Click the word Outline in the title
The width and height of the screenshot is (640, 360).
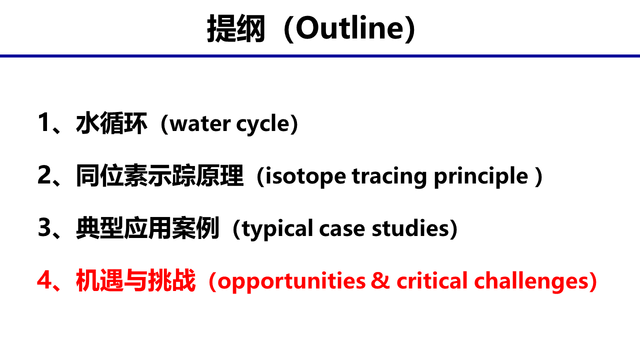(350, 27)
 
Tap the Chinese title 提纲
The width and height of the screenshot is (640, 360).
(236, 28)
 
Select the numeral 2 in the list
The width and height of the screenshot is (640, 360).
(44, 174)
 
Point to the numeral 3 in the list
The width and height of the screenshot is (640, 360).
(44, 227)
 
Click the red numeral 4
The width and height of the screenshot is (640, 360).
(44, 280)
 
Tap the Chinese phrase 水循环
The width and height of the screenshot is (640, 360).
(111, 123)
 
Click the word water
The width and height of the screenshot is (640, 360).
(200, 124)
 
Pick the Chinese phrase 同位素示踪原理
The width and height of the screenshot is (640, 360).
(159, 175)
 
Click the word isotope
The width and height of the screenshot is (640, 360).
(305, 177)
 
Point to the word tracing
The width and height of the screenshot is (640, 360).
(389, 177)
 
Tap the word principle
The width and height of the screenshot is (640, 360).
(481, 177)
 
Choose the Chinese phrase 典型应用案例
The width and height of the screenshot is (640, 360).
(147, 228)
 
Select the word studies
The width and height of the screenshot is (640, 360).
(410, 228)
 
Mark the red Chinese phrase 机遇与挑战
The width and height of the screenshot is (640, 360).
(135, 280)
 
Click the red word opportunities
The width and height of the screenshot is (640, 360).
(291, 282)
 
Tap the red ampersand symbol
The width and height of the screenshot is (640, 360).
(380, 280)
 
